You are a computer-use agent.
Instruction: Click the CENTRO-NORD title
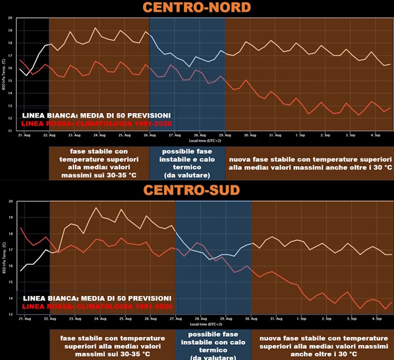pyautogui.click(x=197, y=7)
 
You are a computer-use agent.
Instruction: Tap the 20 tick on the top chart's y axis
pyautogui.click(x=10, y=18)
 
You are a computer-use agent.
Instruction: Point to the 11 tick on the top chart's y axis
pyautogui.click(x=10, y=131)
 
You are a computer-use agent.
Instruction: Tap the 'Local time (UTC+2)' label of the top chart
pyautogui.click(x=189, y=140)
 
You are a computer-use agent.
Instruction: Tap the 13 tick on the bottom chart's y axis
pyautogui.click(x=10, y=314)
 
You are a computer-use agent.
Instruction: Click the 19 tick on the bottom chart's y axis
pyautogui.click(x=10, y=217)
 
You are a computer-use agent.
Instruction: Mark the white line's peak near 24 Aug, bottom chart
pyautogui.click(x=95, y=208)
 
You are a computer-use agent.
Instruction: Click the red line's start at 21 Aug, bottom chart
pyautogui.click(x=21, y=227)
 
